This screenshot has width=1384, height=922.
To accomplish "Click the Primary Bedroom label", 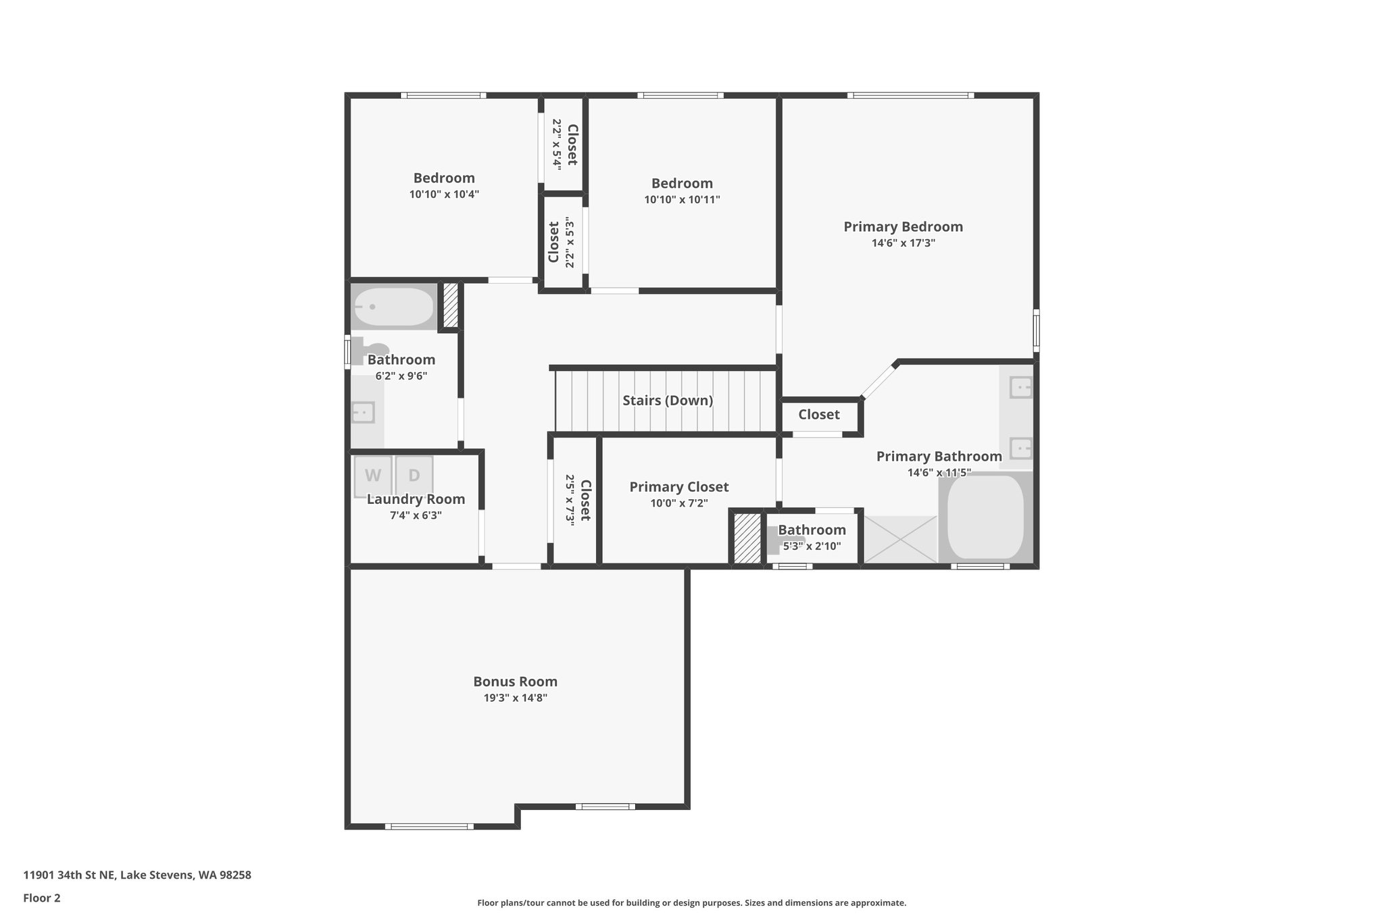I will click(x=903, y=227).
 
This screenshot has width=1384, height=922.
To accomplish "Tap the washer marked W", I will click(x=372, y=476).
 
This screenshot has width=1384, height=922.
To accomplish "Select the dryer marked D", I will click(x=414, y=476).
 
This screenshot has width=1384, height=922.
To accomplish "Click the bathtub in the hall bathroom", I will click(x=394, y=307).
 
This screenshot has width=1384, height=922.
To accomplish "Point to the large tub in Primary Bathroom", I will click(x=985, y=517).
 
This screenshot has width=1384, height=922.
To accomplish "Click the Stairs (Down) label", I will click(x=668, y=401).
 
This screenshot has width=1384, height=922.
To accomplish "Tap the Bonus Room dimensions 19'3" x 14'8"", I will click(x=515, y=698).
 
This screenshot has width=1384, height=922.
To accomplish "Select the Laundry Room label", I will click(x=416, y=499).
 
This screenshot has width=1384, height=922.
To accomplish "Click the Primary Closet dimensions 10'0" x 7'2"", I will click(x=678, y=503).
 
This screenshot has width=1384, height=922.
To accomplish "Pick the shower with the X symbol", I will click(x=900, y=539).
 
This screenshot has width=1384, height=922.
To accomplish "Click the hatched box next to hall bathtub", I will click(x=450, y=306).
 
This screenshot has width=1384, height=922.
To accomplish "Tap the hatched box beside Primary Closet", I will click(x=747, y=538).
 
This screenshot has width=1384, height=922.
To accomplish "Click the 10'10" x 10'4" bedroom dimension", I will click(x=444, y=195).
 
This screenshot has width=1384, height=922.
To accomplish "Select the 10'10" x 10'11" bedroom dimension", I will click(x=682, y=200).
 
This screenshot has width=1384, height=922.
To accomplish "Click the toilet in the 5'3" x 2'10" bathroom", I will click(x=776, y=540).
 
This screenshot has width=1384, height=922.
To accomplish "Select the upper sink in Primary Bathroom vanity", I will click(x=1020, y=388).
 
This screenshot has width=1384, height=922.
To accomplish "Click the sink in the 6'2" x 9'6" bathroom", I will click(x=363, y=411).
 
